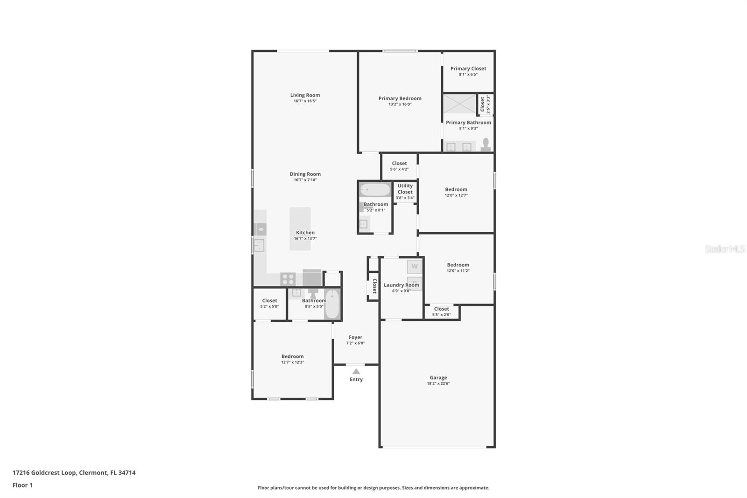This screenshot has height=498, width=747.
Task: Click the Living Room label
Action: click(305, 95)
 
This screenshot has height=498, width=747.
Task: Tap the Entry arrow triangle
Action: click(356, 371)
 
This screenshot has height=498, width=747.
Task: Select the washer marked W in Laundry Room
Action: click(415, 266)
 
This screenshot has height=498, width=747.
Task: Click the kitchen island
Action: click(300, 228)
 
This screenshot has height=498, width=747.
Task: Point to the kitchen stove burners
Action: click(288, 279)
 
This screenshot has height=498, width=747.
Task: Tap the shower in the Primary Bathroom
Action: click(459, 104)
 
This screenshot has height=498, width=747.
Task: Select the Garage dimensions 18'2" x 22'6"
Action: click(438, 384)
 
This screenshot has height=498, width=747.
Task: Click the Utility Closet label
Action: click(405, 189)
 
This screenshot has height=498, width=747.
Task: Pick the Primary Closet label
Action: click(468, 68)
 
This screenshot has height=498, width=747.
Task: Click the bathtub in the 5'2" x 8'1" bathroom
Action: click(375, 190)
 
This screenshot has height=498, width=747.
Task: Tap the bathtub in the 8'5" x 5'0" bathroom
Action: click(332, 304)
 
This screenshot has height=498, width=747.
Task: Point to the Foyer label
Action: click(355, 337)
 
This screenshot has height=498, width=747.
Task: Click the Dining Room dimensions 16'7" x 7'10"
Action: click(305, 180)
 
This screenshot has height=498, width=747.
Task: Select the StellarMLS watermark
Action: click(725, 249)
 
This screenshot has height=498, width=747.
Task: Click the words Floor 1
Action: click(22, 485)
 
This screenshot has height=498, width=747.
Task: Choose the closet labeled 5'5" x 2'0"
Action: click(442, 312)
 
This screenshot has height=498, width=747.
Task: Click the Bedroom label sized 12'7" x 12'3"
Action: click(292, 356)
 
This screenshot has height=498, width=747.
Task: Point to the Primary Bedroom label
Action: click(400, 99)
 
